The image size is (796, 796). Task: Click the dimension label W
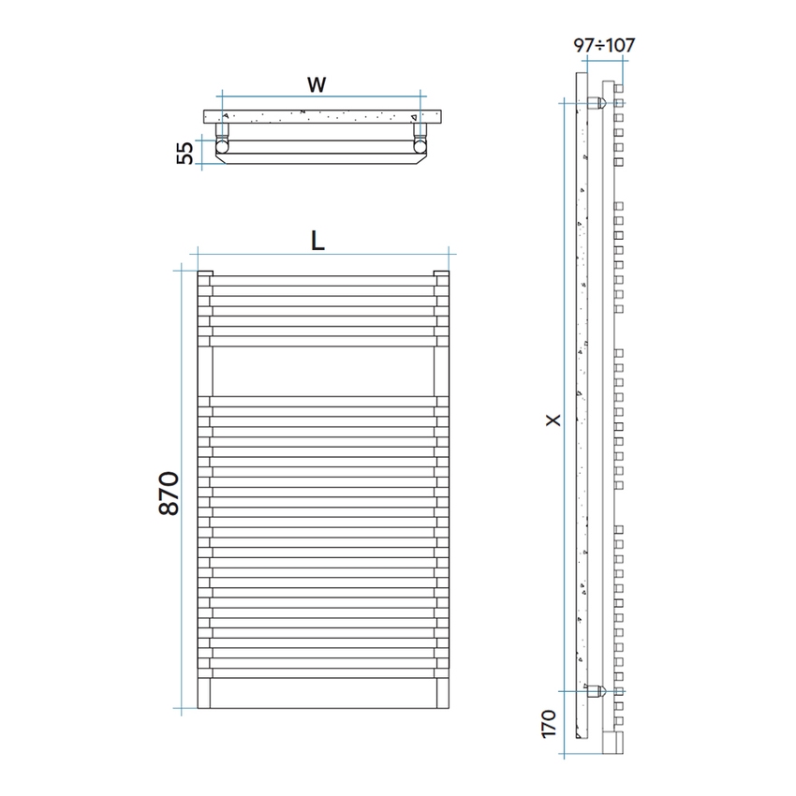[x=317, y=85]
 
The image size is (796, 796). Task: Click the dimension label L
[x=318, y=241]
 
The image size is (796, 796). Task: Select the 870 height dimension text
[x=170, y=494]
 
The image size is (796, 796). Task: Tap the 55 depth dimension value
[x=185, y=152]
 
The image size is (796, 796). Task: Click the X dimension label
[x=553, y=420]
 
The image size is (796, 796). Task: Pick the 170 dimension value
[x=549, y=725]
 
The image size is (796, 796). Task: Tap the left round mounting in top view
[x=224, y=145]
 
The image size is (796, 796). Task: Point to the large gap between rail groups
[x=323, y=371]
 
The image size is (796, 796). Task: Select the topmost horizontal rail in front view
[x=323, y=280]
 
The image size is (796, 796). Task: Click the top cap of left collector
[x=205, y=273]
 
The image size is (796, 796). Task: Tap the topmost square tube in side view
[x=618, y=100]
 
